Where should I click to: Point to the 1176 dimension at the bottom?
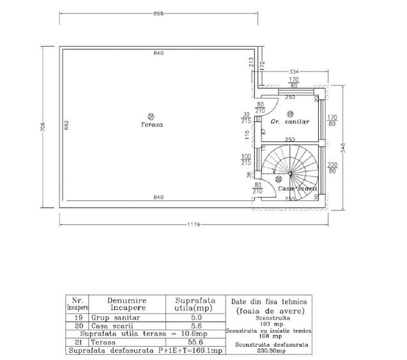pyautogui.click(x=194, y=224)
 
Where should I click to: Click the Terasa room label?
pyautogui.click(x=152, y=125)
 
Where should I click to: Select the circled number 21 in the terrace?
pyautogui.click(x=151, y=116)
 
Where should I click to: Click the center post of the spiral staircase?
pyautogui.click(x=289, y=173)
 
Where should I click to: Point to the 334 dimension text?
pyautogui.click(x=294, y=71)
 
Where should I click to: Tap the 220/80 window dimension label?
pyautogui.click(x=332, y=168)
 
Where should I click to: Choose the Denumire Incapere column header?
pyautogui.click(x=127, y=303)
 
